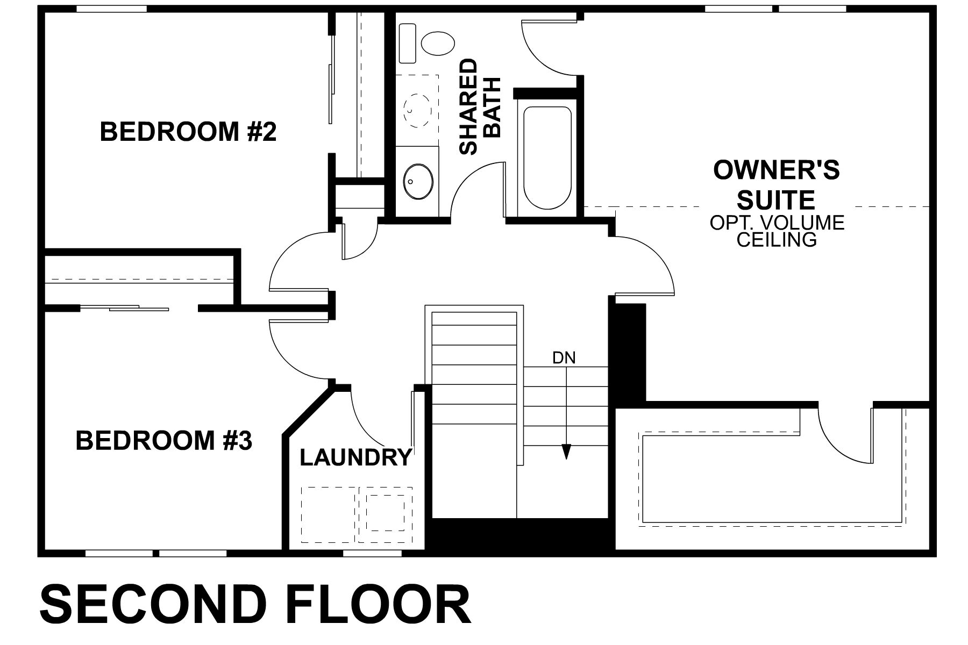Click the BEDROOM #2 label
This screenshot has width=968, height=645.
click(x=188, y=132)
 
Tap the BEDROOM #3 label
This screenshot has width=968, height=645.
click(x=164, y=441)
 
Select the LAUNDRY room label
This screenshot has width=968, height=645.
click(x=355, y=458)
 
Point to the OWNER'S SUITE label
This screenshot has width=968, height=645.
click(x=776, y=185)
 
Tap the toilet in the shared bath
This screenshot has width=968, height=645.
click(x=438, y=42)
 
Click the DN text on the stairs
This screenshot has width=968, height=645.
click(x=564, y=358)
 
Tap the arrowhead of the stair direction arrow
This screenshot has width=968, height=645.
click(x=566, y=451)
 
